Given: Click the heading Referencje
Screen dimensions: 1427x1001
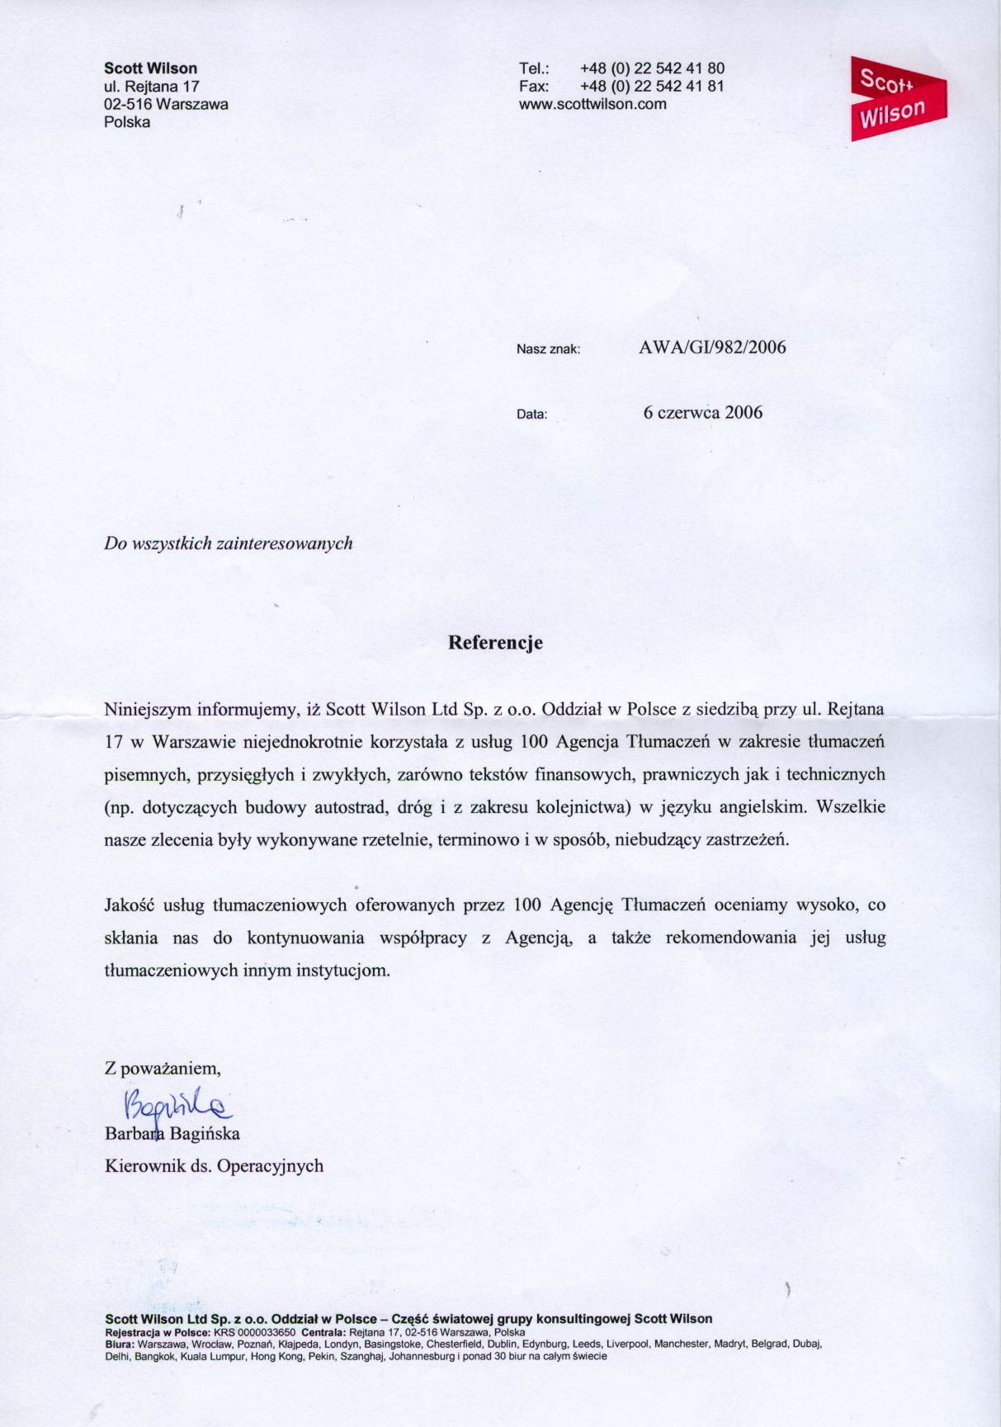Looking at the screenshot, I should [x=495, y=643].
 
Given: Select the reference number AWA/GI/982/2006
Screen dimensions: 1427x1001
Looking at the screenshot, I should [x=712, y=347].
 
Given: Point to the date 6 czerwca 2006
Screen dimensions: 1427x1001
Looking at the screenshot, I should [x=702, y=413].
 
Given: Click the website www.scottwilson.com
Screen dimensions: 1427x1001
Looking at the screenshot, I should [x=592, y=105].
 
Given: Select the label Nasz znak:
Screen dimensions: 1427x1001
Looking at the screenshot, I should [x=548, y=349].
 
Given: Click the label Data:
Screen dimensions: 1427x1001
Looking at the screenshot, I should [x=531, y=414].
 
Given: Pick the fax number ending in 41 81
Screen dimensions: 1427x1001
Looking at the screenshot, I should [x=652, y=87].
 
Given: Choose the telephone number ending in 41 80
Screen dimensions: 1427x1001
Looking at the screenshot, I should [x=652, y=69].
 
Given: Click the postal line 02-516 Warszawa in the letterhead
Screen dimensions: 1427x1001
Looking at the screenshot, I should [x=166, y=105].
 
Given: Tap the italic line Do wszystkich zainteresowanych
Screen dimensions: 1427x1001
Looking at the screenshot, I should [x=229, y=543].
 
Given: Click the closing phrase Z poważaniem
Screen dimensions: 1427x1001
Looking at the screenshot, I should [x=163, y=1069].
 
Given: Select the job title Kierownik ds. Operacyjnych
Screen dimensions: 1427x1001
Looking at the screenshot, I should [x=214, y=1166].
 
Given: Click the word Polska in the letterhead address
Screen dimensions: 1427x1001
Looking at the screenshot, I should [x=127, y=123].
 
